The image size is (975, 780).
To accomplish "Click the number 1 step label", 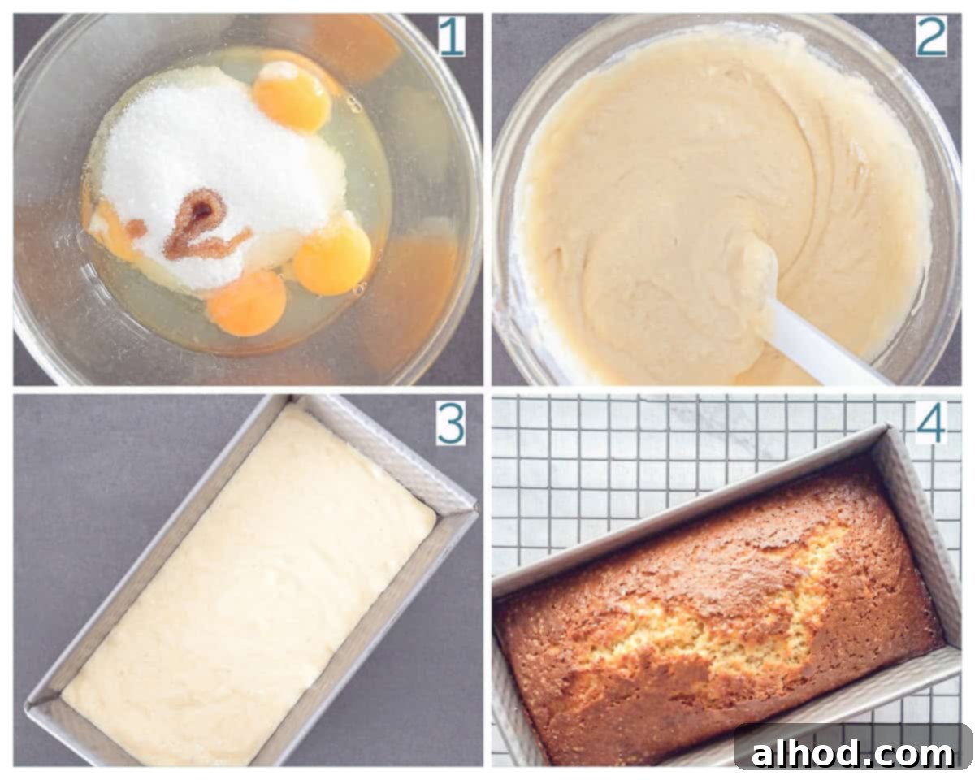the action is click(451, 37).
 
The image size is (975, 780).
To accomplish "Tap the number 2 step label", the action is click(930, 37).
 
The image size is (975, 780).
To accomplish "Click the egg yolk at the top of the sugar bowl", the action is click(292, 96).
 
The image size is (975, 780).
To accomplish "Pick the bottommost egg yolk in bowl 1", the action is click(248, 303).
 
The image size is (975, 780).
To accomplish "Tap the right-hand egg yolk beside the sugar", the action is click(332, 259).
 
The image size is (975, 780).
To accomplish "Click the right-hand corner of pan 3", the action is click(477, 509).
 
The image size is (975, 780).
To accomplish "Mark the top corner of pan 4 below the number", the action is click(886, 426).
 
